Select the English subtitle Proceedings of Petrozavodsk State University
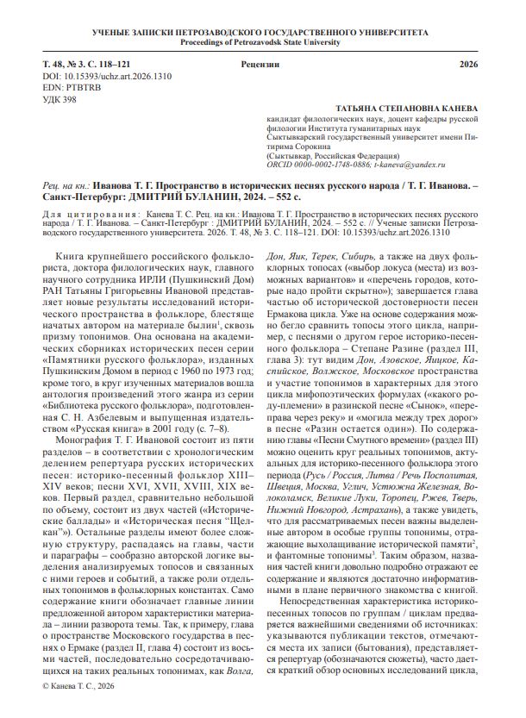[262, 41]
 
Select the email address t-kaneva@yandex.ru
[410, 163]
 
